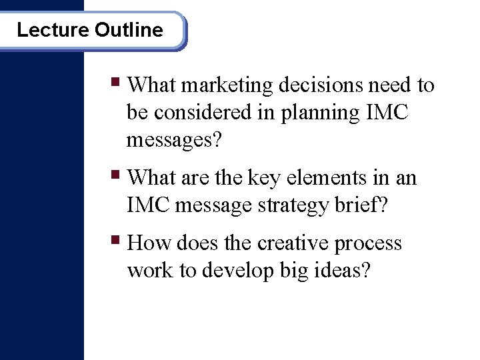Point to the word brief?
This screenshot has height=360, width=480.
point(360,205)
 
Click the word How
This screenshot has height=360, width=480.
point(147,243)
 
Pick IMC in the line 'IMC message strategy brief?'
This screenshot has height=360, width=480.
point(147,205)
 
